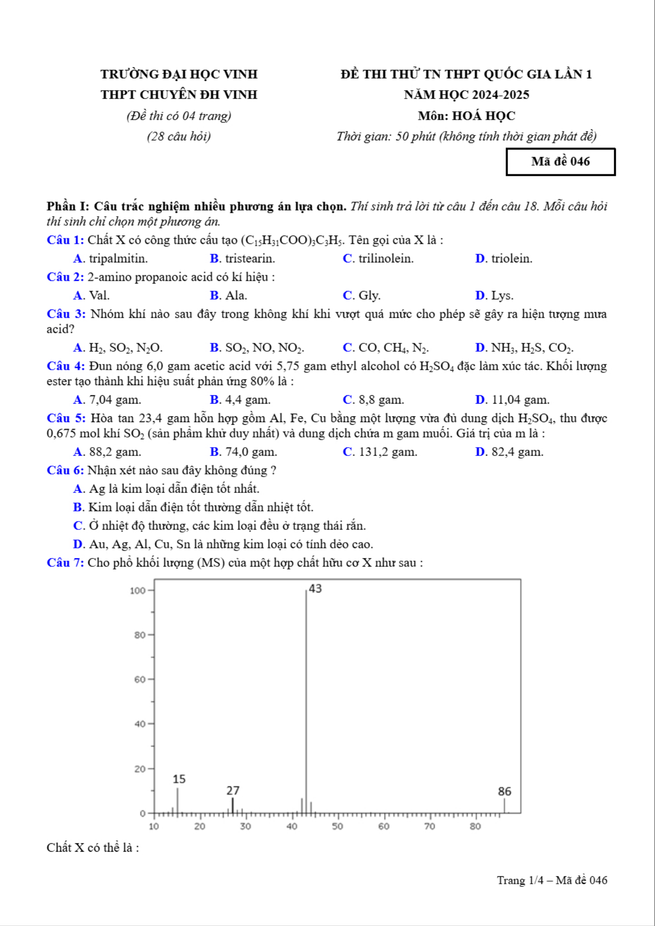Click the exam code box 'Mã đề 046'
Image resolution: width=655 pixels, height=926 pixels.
point(560,162)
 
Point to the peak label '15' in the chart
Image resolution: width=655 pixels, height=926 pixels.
point(179,779)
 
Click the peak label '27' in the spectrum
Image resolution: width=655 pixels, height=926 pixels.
point(233,791)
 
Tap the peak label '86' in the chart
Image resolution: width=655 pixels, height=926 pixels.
point(504,791)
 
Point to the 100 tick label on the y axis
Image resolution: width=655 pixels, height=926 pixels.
point(138,591)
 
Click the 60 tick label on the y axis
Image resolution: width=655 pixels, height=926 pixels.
point(140,679)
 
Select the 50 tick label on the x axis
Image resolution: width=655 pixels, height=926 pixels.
point(337,826)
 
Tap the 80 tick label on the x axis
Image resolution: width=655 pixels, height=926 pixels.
point(475,826)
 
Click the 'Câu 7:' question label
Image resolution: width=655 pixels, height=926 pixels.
point(65,563)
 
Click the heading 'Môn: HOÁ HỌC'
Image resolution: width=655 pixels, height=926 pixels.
point(466,116)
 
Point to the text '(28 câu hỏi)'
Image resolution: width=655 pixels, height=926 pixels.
point(179,136)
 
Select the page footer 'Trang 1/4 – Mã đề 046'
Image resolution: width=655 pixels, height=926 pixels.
point(552,880)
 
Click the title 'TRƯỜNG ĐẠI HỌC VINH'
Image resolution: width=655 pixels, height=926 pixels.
point(179,74)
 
